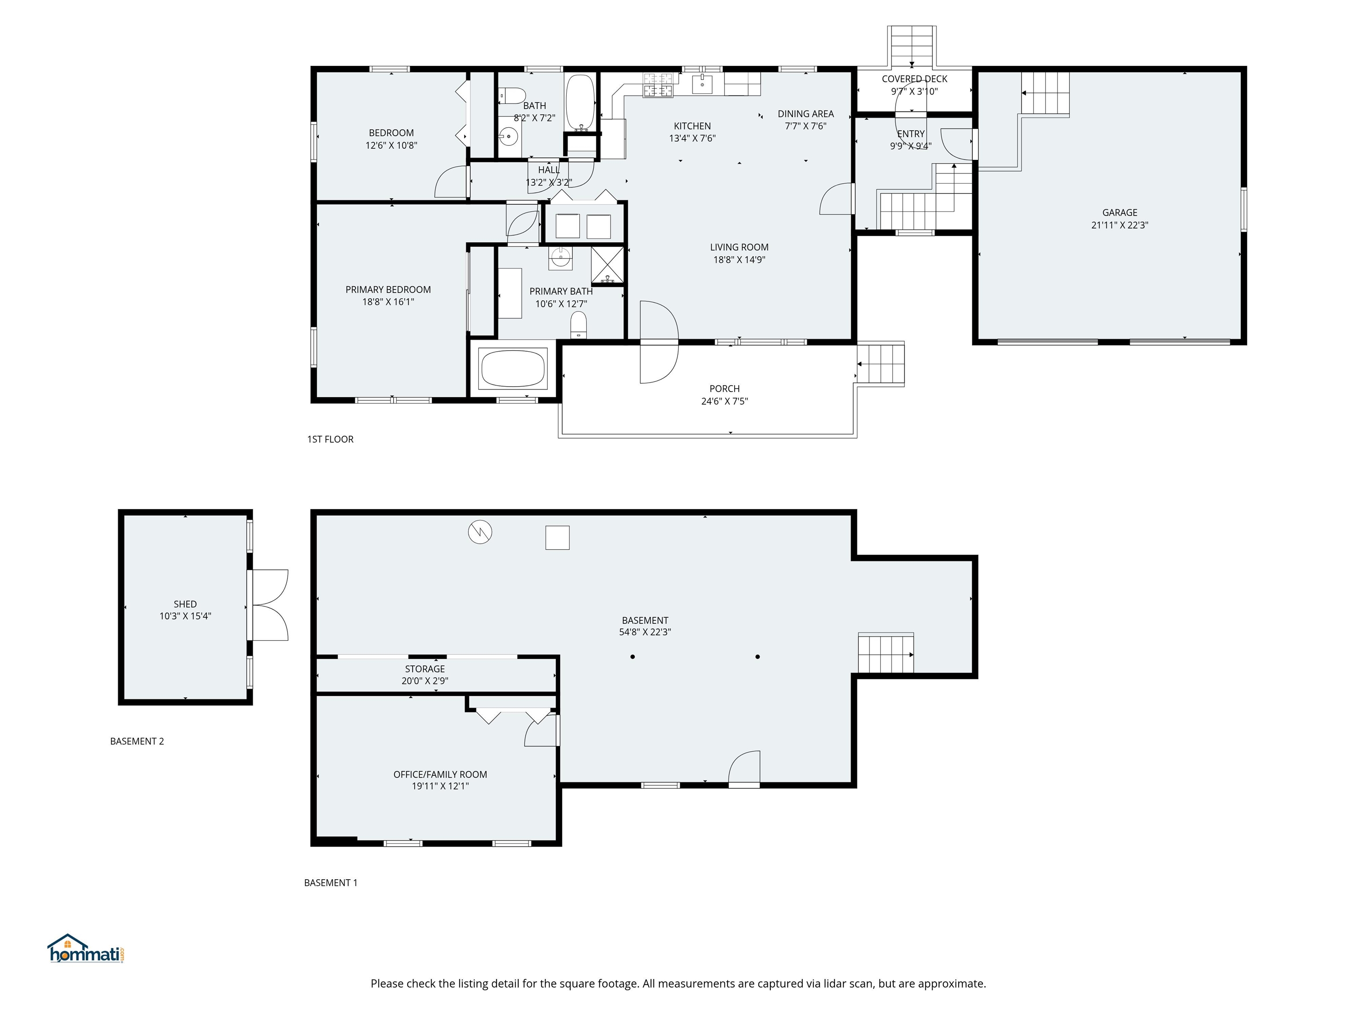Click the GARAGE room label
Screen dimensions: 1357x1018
click(x=1120, y=213)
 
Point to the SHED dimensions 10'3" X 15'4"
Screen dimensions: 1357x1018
click(x=185, y=616)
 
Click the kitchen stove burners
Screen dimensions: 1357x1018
click(x=658, y=85)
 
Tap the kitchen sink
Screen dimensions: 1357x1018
click(x=702, y=84)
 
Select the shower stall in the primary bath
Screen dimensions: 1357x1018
click(x=607, y=265)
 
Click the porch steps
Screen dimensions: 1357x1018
click(x=880, y=365)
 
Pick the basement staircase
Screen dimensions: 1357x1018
click(x=886, y=654)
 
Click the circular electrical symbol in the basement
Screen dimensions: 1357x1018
click(x=480, y=532)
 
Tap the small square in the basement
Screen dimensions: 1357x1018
click(x=557, y=538)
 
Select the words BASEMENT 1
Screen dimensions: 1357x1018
click(x=331, y=882)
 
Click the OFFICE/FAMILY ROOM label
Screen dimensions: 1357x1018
click(x=440, y=775)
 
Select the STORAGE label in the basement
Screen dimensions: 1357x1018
click(x=425, y=669)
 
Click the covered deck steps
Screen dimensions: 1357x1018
click(x=912, y=47)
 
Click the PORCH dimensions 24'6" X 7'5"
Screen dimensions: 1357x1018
click(x=724, y=401)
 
